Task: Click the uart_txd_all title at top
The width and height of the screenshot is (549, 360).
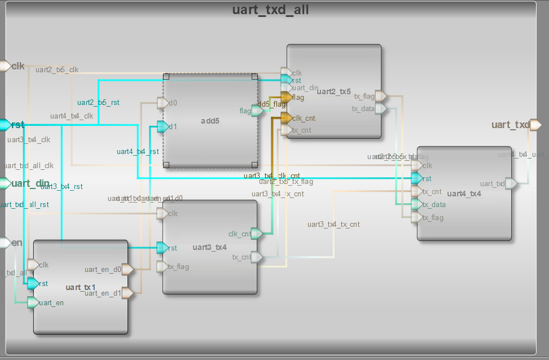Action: pyautogui.click(x=270, y=10)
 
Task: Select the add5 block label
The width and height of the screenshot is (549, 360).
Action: pyautogui.click(x=209, y=121)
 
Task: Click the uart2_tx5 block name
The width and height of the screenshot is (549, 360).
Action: pyautogui.click(x=333, y=91)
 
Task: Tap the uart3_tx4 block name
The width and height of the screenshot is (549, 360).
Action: pyautogui.click(x=209, y=247)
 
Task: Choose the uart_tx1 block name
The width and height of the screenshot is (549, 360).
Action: pyautogui.click(x=81, y=287)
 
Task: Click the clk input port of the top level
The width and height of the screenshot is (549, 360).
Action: pyautogui.click(x=5, y=66)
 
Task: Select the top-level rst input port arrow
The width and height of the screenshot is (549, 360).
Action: pyautogui.click(x=5, y=125)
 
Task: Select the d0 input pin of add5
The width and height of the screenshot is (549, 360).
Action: pyautogui.click(x=162, y=103)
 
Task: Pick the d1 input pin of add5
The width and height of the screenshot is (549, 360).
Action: pyautogui.click(x=162, y=127)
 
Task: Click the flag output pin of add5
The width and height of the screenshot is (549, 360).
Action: pyautogui.click(x=257, y=111)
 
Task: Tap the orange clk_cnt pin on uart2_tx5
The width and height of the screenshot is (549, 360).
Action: pyautogui.click(x=286, y=118)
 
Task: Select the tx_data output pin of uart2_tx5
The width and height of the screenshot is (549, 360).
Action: pyautogui.click(x=381, y=108)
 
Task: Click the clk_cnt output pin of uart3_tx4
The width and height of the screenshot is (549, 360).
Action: pyautogui.click(x=257, y=234)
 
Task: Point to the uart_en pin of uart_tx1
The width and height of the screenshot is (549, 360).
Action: pyautogui.click(x=33, y=302)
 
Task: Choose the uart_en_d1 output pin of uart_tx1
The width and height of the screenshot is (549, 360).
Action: pyautogui.click(x=128, y=293)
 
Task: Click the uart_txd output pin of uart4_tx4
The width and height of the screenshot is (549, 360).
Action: pyautogui.click(x=511, y=183)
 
